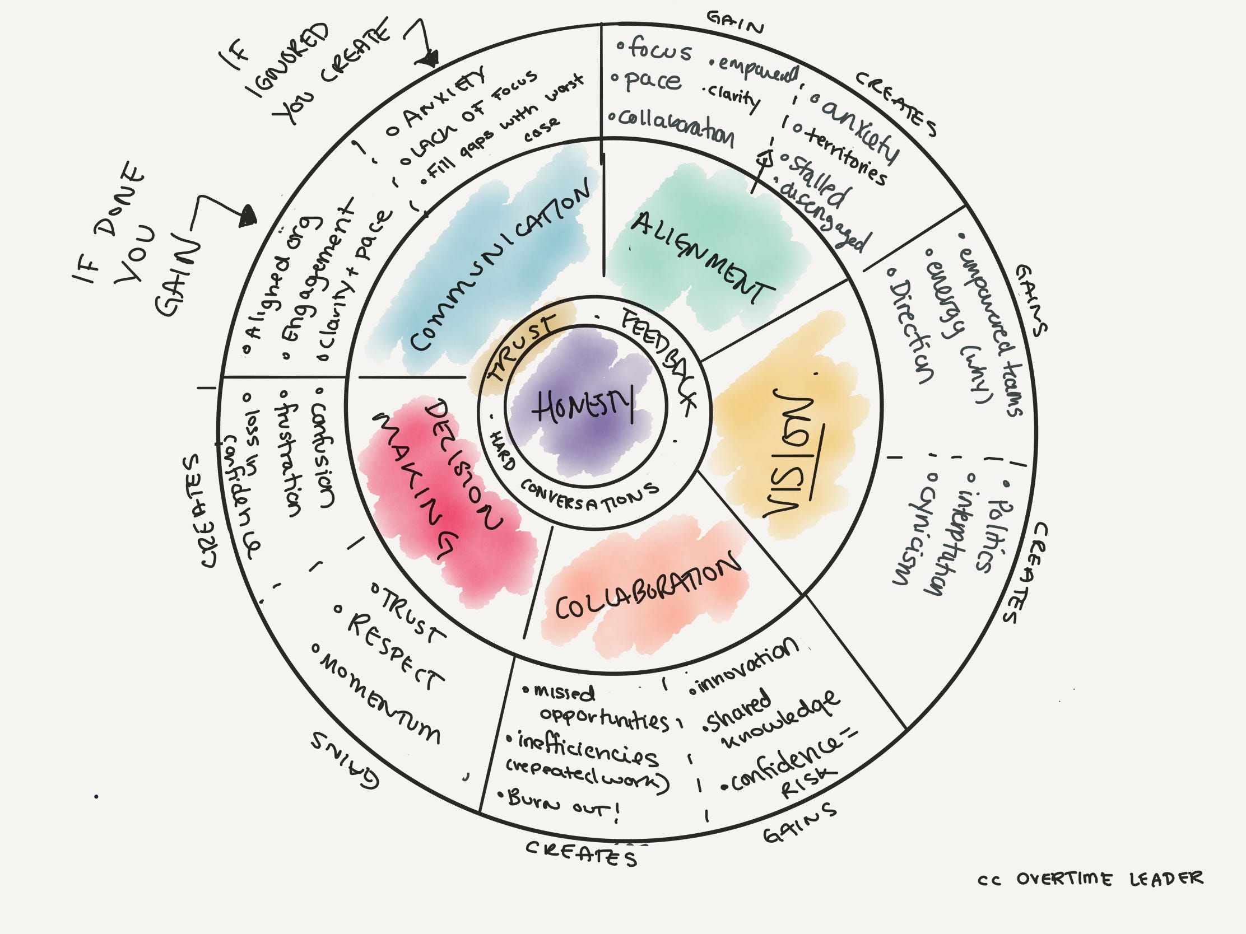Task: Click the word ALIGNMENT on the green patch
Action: click(701, 256)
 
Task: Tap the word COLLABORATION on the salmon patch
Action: click(648, 586)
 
